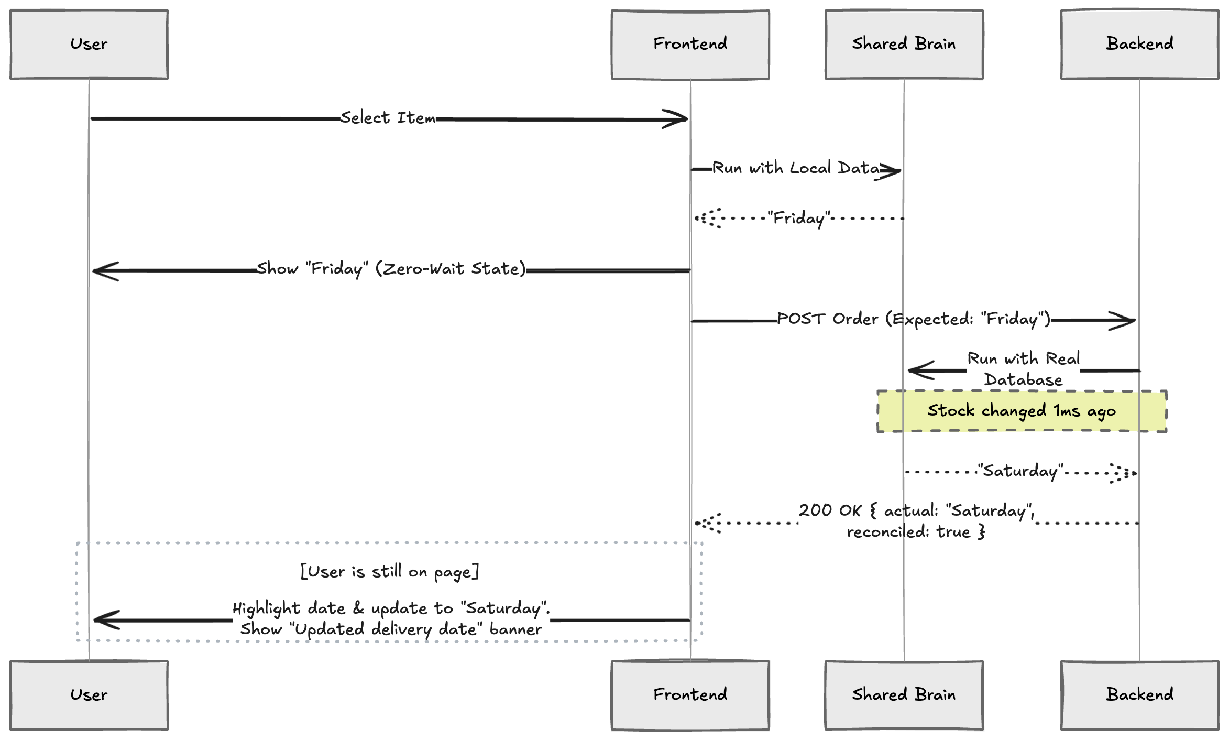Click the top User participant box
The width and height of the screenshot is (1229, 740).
coord(89,45)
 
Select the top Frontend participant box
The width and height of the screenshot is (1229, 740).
coord(690,45)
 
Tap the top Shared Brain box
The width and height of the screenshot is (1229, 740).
coord(904,45)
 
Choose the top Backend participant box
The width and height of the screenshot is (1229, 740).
coord(1139,45)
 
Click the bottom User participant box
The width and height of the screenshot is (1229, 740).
coord(89,695)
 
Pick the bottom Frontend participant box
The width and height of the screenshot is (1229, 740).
coord(690,695)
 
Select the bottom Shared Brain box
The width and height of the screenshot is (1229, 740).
coord(904,695)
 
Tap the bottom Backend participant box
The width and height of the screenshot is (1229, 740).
coord(1139,695)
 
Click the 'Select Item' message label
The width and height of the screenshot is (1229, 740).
coord(388,118)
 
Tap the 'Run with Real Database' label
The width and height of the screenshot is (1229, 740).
coord(1023,369)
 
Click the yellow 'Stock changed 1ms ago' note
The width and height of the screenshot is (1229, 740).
coord(1022,411)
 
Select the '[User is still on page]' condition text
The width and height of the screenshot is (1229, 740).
coord(389,571)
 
